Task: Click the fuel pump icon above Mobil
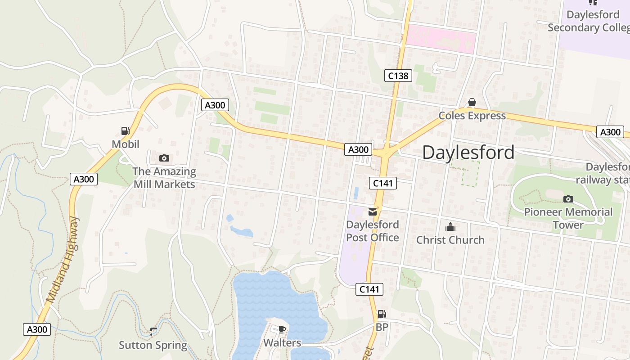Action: (126, 131)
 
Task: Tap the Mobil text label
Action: (126, 144)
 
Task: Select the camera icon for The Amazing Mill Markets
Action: (164, 158)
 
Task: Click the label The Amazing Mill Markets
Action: (164, 178)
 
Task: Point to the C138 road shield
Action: (398, 76)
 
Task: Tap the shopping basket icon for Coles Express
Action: (472, 103)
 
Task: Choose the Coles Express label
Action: (472, 116)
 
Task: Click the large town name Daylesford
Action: (468, 153)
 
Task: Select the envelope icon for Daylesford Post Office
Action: (373, 211)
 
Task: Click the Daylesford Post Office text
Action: (373, 231)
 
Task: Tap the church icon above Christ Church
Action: (450, 227)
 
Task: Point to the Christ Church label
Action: (450, 240)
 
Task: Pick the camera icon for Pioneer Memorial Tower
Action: (568, 199)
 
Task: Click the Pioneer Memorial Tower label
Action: (568, 218)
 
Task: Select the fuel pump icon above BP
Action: (382, 314)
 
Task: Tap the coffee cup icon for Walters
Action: (282, 329)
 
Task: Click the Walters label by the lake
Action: (282, 342)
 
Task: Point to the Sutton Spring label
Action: (153, 345)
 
